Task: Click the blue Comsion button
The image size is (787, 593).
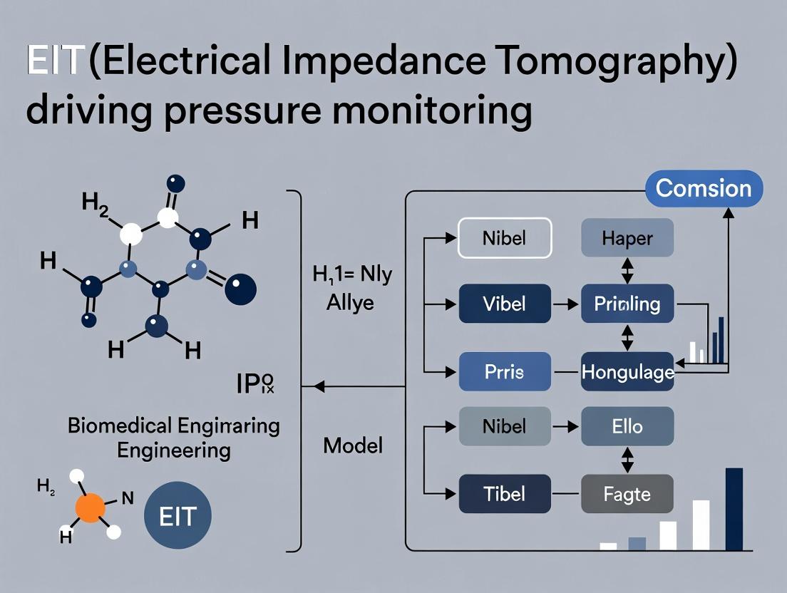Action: [703, 189]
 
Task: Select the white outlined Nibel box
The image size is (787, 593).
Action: [504, 237]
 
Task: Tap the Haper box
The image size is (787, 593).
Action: [627, 237]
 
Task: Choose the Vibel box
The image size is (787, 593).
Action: [504, 304]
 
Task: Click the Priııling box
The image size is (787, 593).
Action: [627, 304]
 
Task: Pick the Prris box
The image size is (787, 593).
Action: [504, 371]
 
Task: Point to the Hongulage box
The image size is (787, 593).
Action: [627, 371]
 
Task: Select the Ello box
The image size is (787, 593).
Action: [627, 426]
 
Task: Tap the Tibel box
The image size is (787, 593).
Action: [504, 493]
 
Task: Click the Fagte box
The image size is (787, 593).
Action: [627, 493]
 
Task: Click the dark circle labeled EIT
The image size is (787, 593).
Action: [178, 516]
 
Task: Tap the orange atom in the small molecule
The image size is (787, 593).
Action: [90, 510]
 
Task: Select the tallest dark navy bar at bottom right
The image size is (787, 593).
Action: [734, 509]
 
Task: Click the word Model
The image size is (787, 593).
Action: [353, 446]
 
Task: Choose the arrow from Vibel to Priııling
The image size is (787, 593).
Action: [566, 304]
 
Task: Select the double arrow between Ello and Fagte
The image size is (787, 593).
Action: [627, 460]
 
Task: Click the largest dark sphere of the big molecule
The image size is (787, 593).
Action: [240, 289]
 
